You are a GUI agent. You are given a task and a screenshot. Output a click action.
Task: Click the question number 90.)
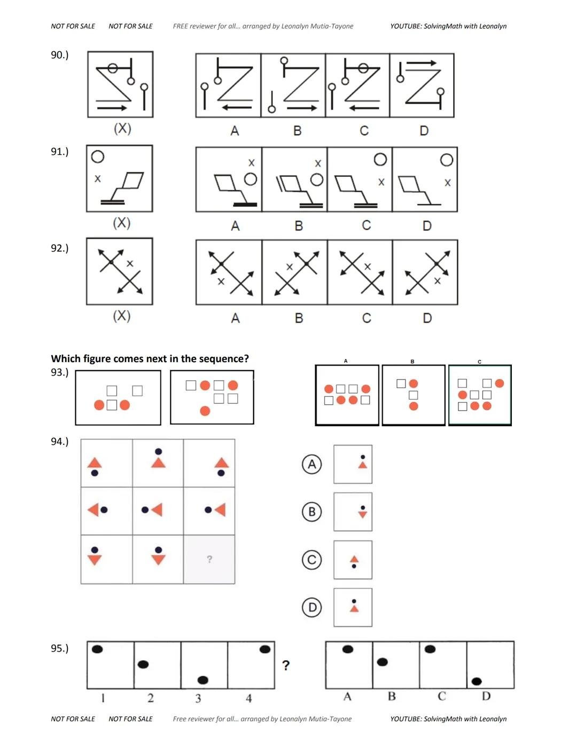(x=59, y=55)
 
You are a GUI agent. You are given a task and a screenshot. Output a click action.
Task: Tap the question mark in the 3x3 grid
(x=209, y=559)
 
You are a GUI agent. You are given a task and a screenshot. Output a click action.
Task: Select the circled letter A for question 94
(x=312, y=464)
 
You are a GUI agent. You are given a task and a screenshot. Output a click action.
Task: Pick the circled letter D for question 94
(x=312, y=607)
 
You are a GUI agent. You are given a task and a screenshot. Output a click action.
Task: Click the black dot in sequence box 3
(x=203, y=680)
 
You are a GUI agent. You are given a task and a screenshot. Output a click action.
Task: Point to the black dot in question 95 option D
(x=477, y=681)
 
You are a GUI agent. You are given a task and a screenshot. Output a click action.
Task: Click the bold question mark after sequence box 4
(x=286, y=665)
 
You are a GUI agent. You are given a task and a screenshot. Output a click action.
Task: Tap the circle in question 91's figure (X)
(x=98, y=157)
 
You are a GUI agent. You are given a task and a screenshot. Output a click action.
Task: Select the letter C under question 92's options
(x=367, y=318)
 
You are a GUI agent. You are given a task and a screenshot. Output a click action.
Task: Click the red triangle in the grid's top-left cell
(x=95, y=462)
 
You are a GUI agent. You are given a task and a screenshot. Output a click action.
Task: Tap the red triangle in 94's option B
(x=363, y=514)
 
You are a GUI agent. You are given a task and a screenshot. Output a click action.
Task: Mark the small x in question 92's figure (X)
(x=130, y=264)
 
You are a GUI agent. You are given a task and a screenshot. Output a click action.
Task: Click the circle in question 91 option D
(x=447, y=160)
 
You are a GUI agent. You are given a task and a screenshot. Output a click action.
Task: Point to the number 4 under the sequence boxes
(x=249, y=698)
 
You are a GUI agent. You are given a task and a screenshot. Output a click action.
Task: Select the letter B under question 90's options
(x=298, y=131)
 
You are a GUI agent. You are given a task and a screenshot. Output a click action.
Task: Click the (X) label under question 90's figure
(x=122, y=129)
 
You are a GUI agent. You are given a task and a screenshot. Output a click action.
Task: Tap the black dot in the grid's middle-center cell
(x=145, y=510)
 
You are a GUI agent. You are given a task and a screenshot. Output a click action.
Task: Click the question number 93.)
(x=59, y=372)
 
